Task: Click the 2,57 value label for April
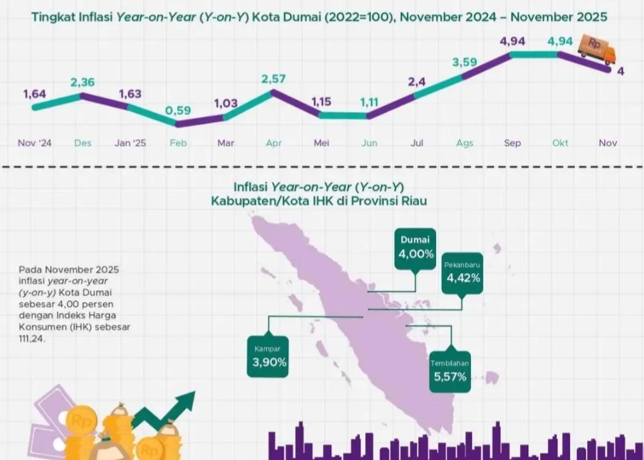click(x=273, y=80)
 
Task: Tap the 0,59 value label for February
click(x=178, y=111)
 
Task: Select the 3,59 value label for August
click(x=464, y=62)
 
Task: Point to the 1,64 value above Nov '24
click(x=35, y=94)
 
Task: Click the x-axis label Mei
click(x=321, y=143)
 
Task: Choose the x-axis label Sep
click(x=513, y=143)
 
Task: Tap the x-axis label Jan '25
click(x=130, y=143)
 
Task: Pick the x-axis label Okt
click(x=560, y=143)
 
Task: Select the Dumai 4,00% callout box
click(x=415, y=248)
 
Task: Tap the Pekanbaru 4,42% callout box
click(x=463, y=273)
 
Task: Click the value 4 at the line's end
click(x=621, y=71)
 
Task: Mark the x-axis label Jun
click(x=369, y=143)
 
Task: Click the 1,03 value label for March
click(x=226, y=104)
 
